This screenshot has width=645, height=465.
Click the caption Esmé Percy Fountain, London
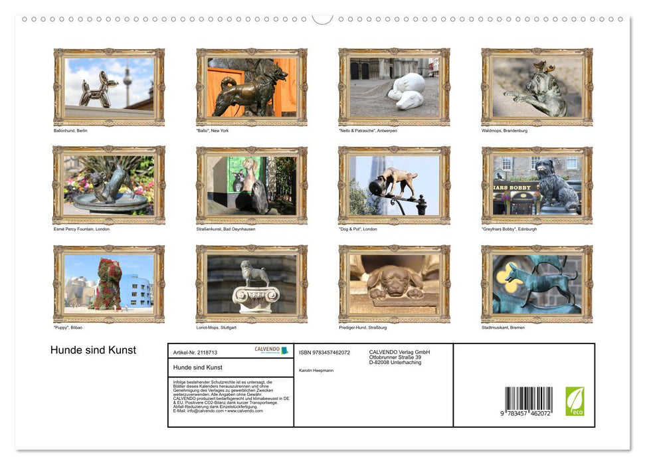(x=82, y=229)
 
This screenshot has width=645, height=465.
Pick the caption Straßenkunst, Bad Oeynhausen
(x=226, y=229)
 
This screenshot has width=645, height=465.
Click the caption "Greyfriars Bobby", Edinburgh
(x=509, y=229)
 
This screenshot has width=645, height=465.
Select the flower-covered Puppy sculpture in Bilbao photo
(x=109, y=284)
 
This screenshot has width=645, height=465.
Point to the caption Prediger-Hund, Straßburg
(x=363, y=327)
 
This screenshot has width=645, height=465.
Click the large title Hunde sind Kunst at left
(x=93, y=351)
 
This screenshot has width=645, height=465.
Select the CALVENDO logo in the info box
(x=271, y=350)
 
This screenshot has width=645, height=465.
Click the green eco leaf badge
(x=575, y=401)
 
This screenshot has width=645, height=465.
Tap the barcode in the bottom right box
(x=528, y=400)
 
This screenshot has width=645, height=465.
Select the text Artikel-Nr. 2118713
(x=195, y=352)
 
